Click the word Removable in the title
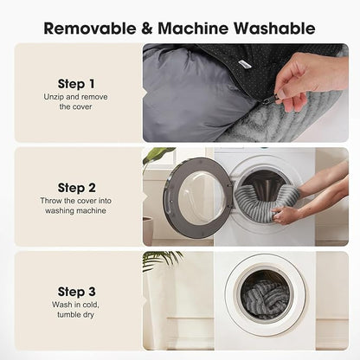pyautogui.click(x=90, y=29)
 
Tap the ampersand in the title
pyautogui.click(x=146, y=29)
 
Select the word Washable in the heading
pyautogui.click(x=274, y=29)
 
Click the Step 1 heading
pyautogui.click(x=76, y=84)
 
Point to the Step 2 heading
pyautogui.click(x=76, y=188)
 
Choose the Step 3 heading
pyautogui.click(x=76, y=292)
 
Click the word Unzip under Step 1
pyautogui.click(x=54, y=97)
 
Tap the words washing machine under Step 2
pyautogui.click(x=75, y=210)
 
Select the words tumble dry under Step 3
pyautogui.click(x=75, y=314)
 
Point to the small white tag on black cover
pyautogui.click(x=244, y=64)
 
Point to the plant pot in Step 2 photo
pyautogui.click(x=147, y=231)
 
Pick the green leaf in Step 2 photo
pyautogui.click(x=157, y=155)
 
